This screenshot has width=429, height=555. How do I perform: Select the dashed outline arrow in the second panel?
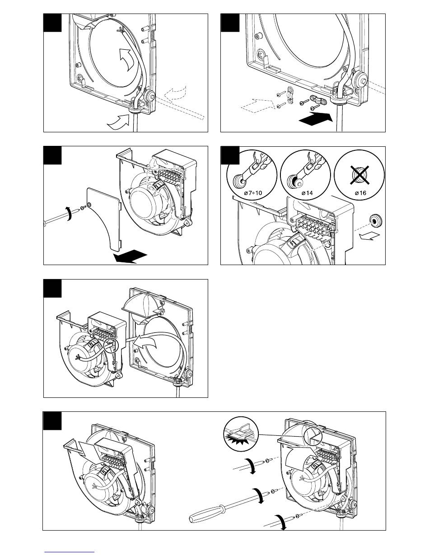[257, 105]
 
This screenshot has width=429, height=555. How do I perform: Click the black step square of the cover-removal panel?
[52, 155]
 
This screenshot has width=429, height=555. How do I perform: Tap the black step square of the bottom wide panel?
[52, 421]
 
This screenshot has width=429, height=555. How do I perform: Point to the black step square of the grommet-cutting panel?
[229, 155]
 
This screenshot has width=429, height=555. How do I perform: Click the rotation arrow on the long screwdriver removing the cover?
[68, 214]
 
